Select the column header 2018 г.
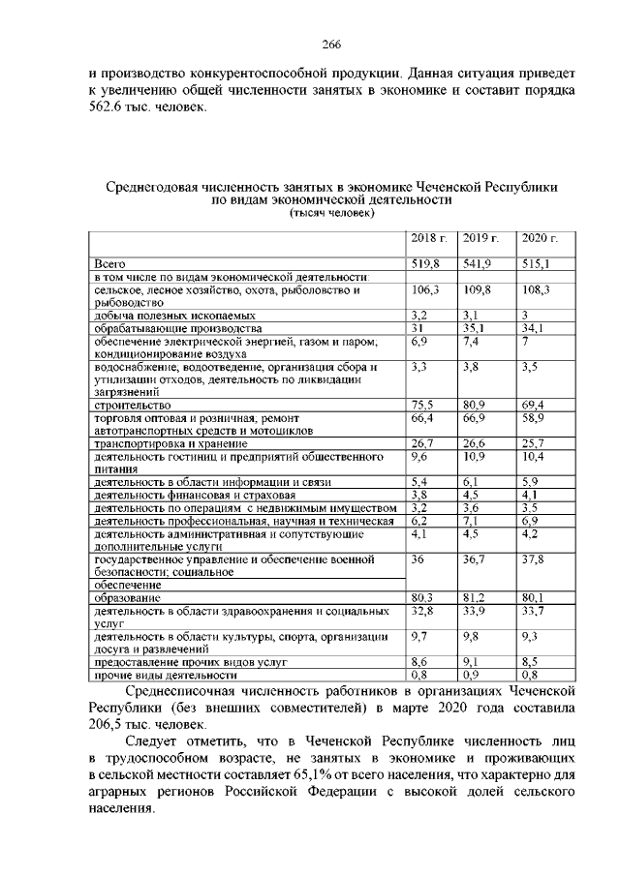(x=427, y=238)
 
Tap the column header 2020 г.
(x=537, y=238)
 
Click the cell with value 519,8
(x=425, y=263)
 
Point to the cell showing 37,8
(x=534, y=559)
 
